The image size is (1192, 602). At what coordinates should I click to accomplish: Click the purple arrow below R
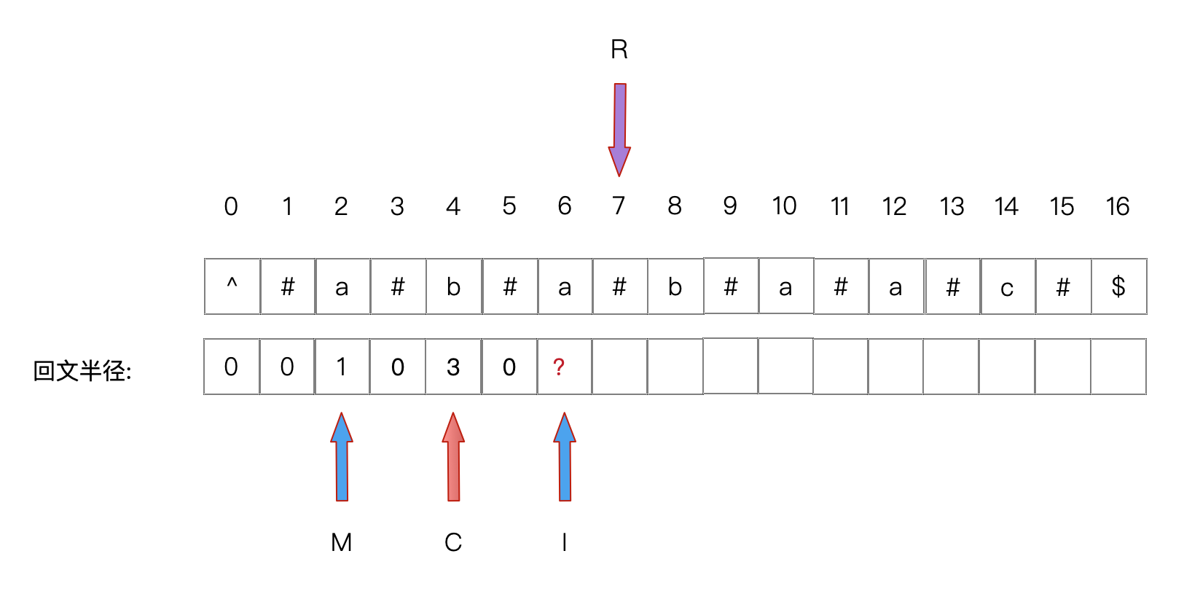(x=619, y=128)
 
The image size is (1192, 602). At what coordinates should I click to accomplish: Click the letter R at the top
(x=619, y=50)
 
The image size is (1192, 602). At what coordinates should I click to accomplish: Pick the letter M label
(x=341, y=542)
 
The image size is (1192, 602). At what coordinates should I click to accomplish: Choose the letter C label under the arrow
(x=453, y=542)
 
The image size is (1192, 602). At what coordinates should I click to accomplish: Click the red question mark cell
(x=564, y=367)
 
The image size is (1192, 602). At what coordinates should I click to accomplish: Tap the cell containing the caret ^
(x=232, y=286)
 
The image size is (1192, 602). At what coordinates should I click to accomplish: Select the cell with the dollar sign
(x=1118, y=286)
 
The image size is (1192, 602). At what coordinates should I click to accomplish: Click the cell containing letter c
(x=1007, y=286)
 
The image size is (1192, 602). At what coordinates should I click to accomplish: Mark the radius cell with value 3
(x=453, y=367)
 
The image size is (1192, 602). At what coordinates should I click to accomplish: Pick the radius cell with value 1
(x=342, y=367)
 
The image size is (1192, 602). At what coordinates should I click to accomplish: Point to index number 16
(x=1118, y=207)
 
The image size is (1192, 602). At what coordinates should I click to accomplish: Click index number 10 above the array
(x=785, y=206)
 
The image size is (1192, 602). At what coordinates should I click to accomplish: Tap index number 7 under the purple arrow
(x=619, y=206)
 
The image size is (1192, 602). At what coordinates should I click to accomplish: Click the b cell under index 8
(x=675, y=286)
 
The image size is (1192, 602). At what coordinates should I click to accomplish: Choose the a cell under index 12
(x=895, y=286)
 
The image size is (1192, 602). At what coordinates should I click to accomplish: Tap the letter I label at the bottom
(x=565, y=542)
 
